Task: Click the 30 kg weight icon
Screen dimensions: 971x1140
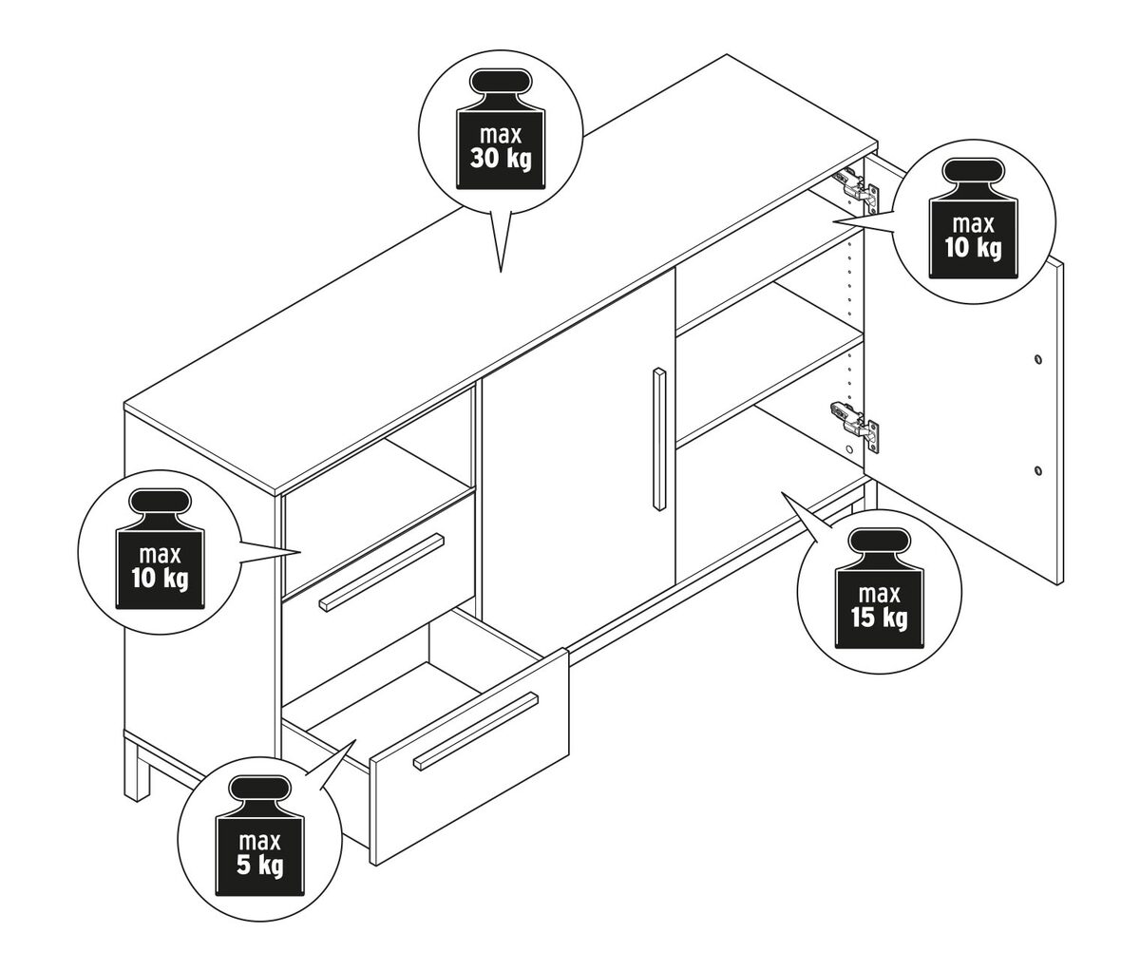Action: point(501,133)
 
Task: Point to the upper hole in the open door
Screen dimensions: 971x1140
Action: point(1036,360)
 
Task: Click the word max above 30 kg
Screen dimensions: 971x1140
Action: point(501,135)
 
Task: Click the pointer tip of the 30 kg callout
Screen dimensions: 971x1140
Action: point(500,273)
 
